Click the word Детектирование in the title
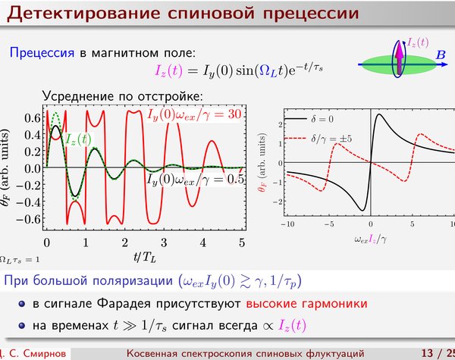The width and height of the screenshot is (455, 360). [x=83, y=14]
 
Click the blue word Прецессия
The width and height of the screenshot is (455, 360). [x=42, y=53]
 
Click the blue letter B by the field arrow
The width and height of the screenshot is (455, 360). [x=441, y=55]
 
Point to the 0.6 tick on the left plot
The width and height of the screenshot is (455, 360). [x=32, y=117]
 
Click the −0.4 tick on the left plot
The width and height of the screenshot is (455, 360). [x=29, y=202]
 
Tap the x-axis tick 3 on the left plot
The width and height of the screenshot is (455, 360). [x=164, y=243]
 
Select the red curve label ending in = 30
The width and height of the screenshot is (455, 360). [x=194, y=115]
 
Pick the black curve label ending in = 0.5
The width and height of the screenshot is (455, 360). [x=195, y=180]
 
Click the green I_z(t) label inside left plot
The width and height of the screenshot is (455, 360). [x=78, y=139]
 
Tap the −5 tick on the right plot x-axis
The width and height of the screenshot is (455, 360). [x=329, y=224]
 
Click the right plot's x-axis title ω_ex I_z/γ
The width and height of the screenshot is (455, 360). [x=370, y=240]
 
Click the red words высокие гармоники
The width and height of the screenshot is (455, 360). [x=306, y=304]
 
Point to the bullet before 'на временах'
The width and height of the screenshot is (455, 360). [x=22, y=325]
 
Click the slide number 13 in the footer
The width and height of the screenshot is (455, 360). [x=427, y=353]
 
